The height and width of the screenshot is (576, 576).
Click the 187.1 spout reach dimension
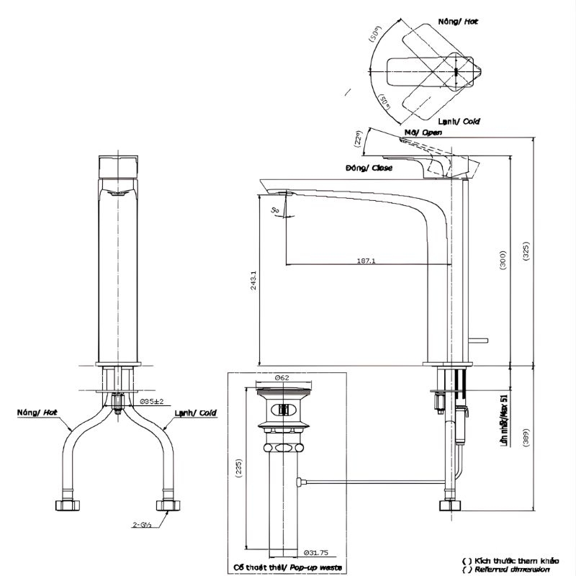point(365,261)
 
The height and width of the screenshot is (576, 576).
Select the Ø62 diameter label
point(282,377)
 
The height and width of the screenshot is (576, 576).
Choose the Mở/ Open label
point(423,132)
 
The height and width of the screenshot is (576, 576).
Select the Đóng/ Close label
point(369,168)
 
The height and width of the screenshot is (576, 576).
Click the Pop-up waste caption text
point(281,568)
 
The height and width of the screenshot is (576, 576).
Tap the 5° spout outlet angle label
point(276,210)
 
